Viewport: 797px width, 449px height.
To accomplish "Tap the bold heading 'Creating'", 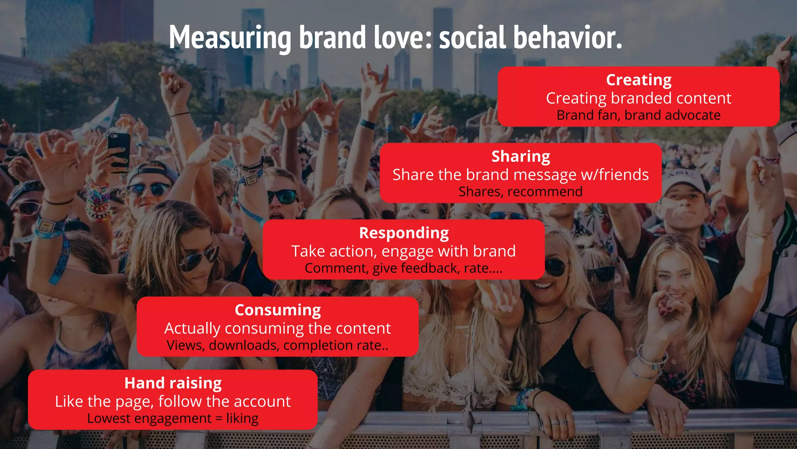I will (x=639, y=80).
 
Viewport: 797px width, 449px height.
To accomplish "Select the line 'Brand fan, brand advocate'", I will (x=639, y=115).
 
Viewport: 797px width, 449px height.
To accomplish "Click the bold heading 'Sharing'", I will (x=521, y=156).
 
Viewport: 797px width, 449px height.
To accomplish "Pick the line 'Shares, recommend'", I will (x=520, y=192).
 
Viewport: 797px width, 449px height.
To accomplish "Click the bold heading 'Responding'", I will (x=404, y=233).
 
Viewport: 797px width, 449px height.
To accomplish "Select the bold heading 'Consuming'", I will (x=278, y=310).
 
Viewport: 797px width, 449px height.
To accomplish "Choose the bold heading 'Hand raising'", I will (x=173, y=383).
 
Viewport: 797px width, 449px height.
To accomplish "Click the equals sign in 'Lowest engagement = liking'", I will (x=219, y=419).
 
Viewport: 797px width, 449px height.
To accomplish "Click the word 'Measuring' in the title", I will (x=230, y=38).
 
